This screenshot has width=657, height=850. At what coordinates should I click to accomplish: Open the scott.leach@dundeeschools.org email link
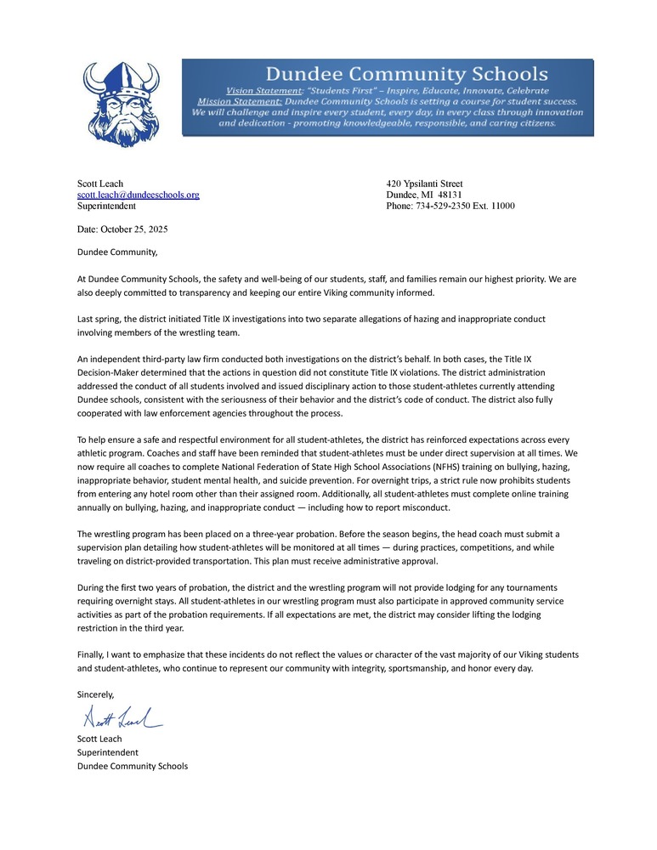[138, 195]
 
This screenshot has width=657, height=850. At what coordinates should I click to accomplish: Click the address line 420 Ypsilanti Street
[424, 184]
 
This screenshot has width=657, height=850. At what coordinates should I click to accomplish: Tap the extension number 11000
[497, 206]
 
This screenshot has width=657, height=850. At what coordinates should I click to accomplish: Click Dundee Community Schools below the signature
[132, 766]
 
